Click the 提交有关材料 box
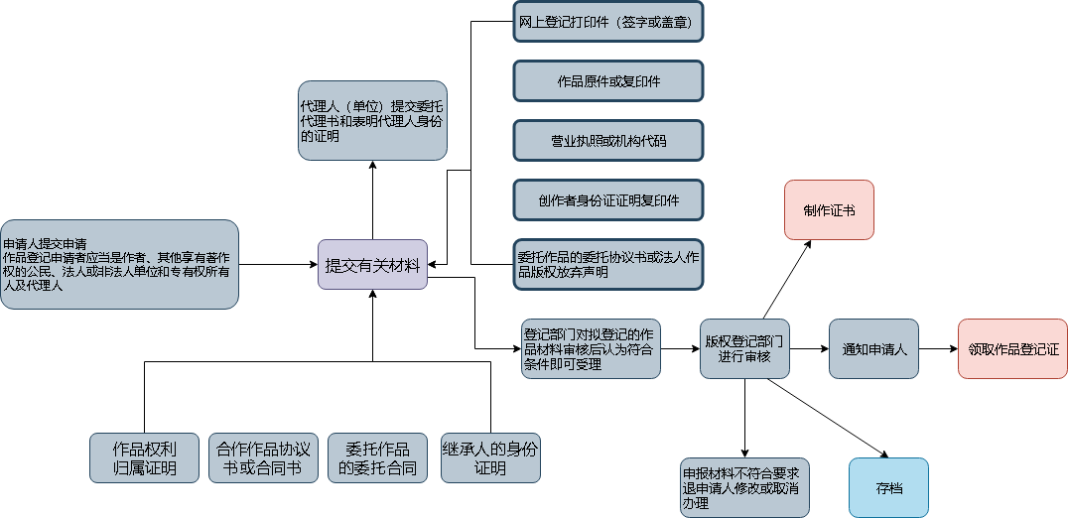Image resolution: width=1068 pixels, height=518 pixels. click(372, 265)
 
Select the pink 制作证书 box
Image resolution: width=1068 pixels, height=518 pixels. click(829, 209)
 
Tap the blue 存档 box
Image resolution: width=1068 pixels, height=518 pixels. click(888, 487)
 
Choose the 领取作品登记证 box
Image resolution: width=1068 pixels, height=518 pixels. click(1012, 348)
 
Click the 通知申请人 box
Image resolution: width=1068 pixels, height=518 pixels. click(873, 348)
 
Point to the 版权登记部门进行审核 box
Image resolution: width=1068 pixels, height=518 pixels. click(744, 348)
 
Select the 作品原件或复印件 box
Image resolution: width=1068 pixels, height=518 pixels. click(608, 81)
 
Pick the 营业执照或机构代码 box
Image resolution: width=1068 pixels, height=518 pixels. click(608, 141)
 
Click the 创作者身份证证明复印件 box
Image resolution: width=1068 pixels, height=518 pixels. click(608, 200)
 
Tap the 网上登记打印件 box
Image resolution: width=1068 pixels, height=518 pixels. click(608, 22)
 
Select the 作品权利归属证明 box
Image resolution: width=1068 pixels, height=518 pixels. click(144, 457)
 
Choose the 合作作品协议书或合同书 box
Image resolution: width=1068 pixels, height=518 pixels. click(263, 457)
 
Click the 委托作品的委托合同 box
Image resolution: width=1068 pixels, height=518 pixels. click(377, 457)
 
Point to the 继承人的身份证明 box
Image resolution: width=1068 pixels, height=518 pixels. click(490, 457)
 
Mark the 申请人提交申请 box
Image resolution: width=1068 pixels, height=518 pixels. click(119, 264)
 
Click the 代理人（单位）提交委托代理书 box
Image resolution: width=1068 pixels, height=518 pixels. click(372, 120)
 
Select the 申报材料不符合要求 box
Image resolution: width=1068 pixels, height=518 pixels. click(744, 487)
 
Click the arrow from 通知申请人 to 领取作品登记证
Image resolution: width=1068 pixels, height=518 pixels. click(939, 349)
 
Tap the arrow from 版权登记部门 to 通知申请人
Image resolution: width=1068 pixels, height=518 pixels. click(809, 349)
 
